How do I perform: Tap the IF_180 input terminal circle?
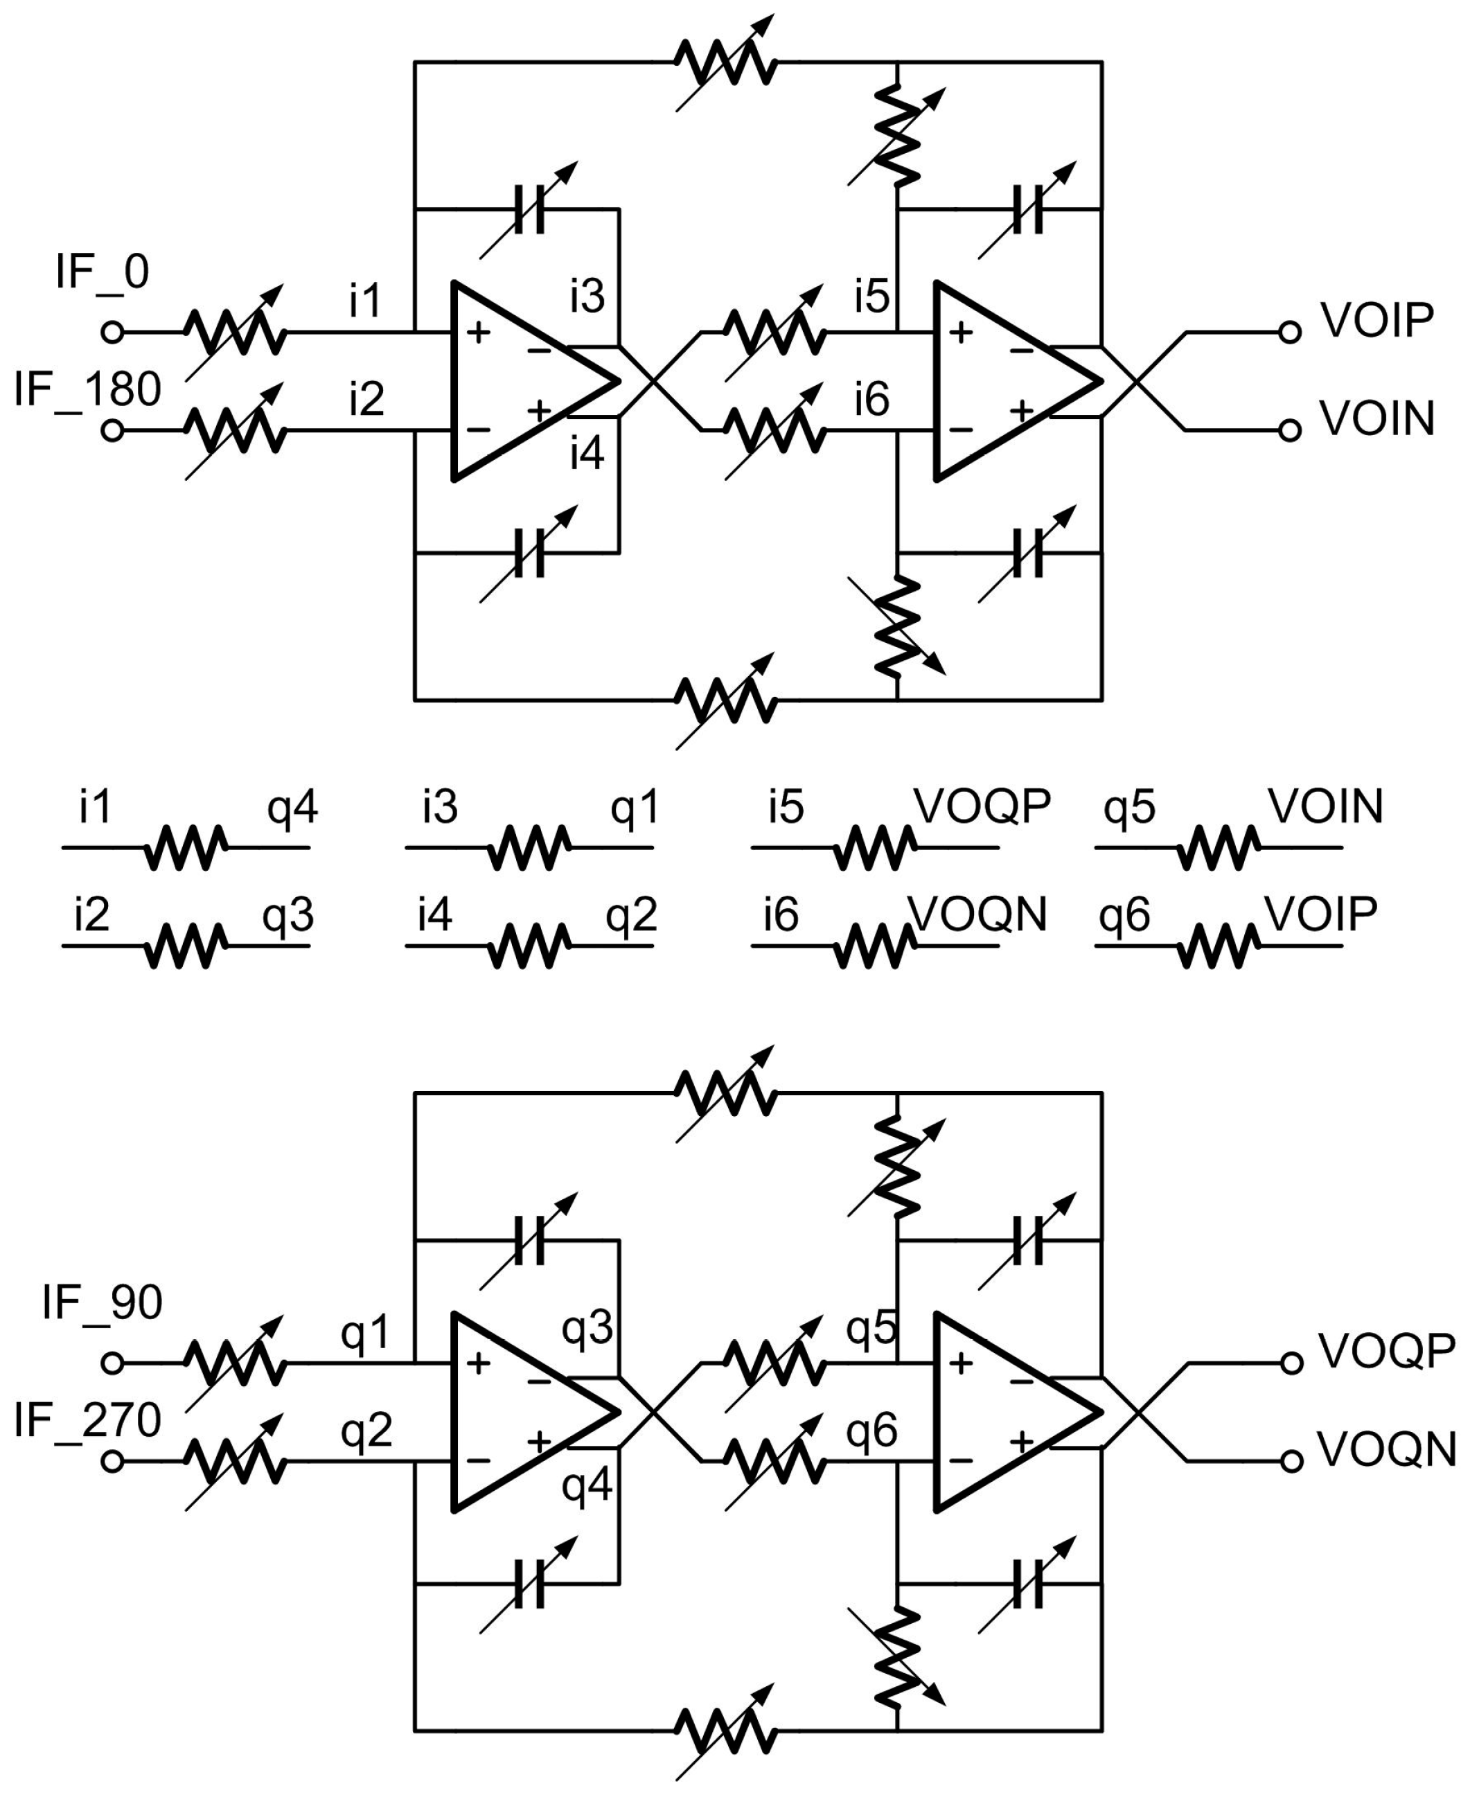(112, 431)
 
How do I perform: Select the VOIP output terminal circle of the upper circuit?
(1290, 333)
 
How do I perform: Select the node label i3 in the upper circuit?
(587, 295)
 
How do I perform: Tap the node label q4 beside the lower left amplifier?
(587, 1485)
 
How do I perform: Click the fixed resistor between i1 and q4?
(186, 847)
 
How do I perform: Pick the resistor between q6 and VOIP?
(1219, 946)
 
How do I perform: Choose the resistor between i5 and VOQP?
(875, 847)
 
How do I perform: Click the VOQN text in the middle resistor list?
(977, 914)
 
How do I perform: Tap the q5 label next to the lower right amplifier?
(871, 1327)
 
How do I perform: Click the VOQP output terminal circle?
(1291, 1363)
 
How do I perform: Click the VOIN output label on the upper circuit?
(1376, 418)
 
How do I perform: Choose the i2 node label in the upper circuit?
(366, 398)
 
